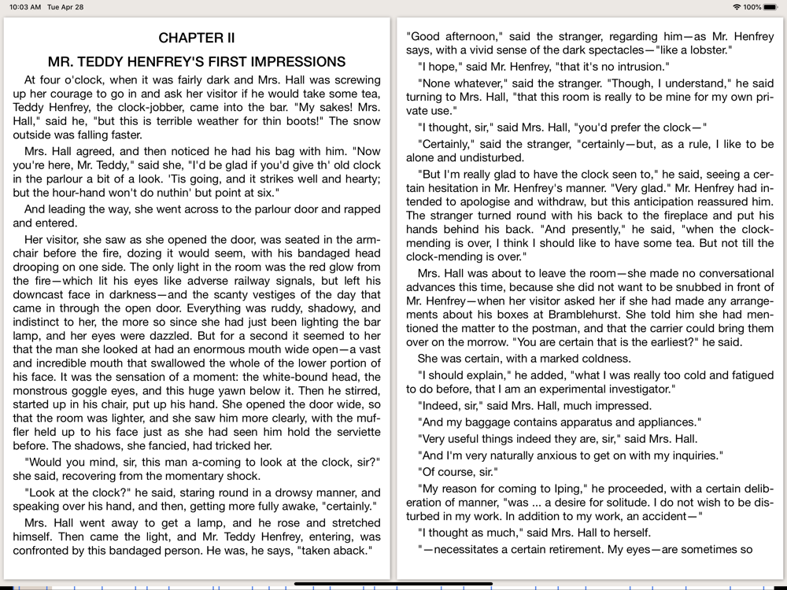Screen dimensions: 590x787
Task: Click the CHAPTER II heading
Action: (x=197, y=38)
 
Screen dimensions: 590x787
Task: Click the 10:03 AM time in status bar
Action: (x=25, y=7)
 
